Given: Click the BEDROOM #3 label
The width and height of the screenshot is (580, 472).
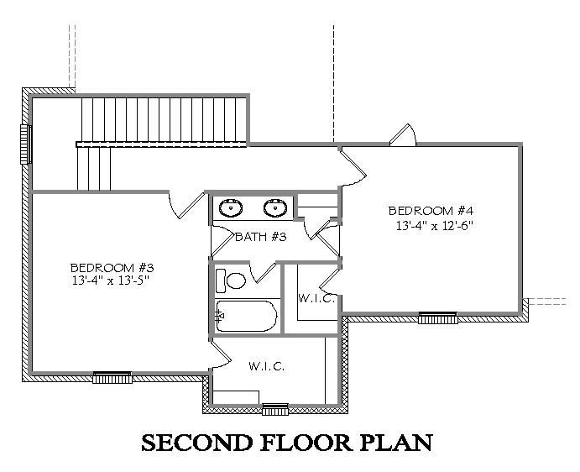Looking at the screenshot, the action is point(112,267).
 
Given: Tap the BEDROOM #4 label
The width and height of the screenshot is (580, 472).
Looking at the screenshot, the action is point(431,211).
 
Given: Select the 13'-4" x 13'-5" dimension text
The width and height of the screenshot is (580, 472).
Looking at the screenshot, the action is point(110,281).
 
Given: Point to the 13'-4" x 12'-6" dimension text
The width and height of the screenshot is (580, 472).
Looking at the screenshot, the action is point(435,225).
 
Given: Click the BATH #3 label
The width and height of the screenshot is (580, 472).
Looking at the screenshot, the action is point(261,237).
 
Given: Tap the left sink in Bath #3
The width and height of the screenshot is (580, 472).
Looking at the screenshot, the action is point(231,207).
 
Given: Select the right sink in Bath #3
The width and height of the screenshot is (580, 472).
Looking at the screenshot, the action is point(275,207).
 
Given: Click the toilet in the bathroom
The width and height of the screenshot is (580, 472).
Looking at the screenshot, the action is point(231,281).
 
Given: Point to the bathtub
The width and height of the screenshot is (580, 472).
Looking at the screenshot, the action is point(246,316).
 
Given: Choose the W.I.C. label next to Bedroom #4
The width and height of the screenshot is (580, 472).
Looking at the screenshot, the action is point(317,298).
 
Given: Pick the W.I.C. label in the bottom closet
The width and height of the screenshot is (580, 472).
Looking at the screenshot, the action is point(266,366).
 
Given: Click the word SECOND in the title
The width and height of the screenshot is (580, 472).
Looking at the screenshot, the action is point(197,443).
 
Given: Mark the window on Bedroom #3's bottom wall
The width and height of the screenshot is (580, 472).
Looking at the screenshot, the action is point(112,378).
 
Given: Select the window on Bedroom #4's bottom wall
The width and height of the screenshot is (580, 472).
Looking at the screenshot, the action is point(438,318).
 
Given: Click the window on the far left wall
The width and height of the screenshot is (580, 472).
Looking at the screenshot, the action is point(25,144).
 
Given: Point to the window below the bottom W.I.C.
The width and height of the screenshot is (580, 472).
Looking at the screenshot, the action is point(275,410).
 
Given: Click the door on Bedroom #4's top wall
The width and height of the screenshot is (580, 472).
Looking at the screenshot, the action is point(403,134).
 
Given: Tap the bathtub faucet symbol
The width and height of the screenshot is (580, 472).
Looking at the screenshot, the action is point(220,316).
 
